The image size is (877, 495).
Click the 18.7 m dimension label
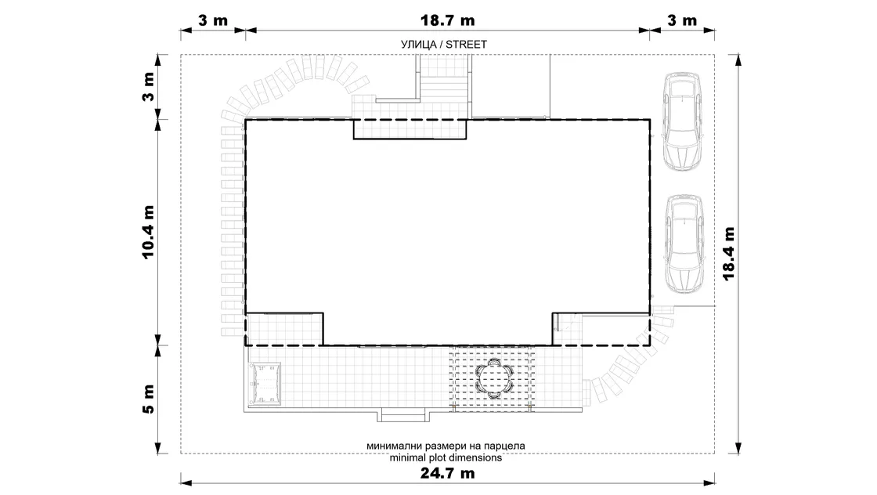click(447, 20)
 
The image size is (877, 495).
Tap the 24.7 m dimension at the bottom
click(447, 473)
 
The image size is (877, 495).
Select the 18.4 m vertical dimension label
click(728, 253)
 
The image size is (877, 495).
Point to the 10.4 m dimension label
click(148, 232)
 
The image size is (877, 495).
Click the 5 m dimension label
click(148, 399)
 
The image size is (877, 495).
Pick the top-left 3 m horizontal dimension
click(213, 20)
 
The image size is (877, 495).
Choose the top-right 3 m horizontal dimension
click(682, 20)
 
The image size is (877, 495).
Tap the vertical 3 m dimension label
click(148, 87)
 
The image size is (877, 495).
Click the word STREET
click(466, 44)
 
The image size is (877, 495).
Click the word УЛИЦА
click(418, 44)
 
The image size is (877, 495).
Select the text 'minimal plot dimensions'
click(446, 457)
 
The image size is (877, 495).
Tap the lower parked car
click(682, 244)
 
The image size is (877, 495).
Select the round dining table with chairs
click(494, 378)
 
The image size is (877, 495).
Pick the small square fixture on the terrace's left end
click(265, 385)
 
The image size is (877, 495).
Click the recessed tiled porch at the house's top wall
click(410, 128)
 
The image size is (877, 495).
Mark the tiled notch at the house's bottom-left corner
click(284, 329)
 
